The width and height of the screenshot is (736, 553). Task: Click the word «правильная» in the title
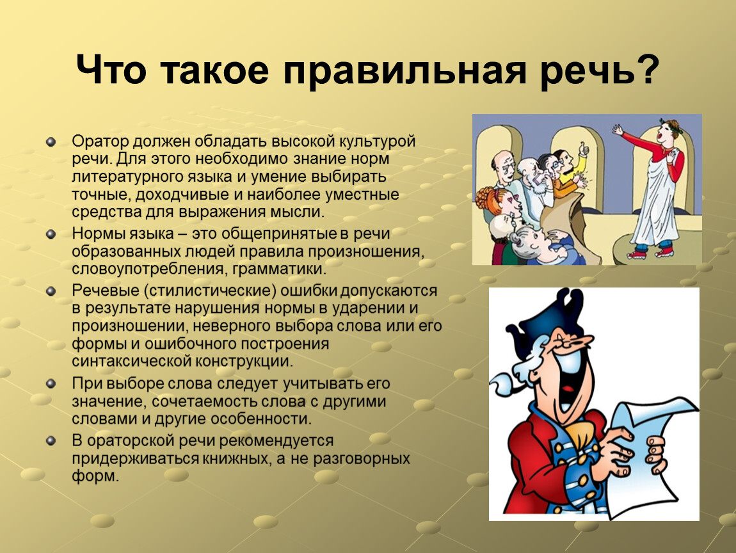pyautogui.click(x=404, y=71)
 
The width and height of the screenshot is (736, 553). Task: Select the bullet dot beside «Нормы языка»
pyautogui.click(x=51, y=234)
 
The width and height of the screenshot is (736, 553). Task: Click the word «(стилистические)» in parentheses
pyautogui.click(x=211, y=291)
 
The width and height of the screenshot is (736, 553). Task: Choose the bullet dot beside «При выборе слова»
pyautogui.click(x=51, y=384)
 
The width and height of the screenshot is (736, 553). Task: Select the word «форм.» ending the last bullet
pyautogui.click(x=95, y=476)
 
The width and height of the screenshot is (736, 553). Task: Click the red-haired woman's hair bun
pyautogui.click(x=483, y=198)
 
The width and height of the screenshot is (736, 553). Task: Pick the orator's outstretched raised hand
pyautogui.click(x=617, y=129)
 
